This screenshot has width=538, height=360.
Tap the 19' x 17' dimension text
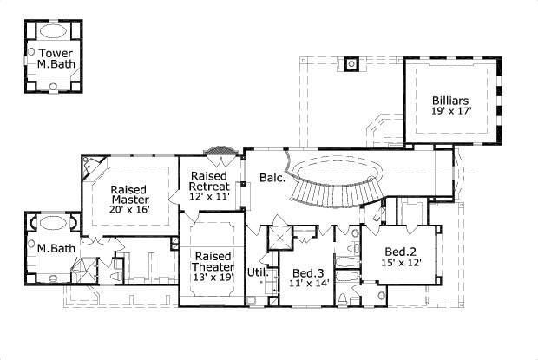click(449, 112)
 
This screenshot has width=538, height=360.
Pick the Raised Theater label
click(213, 262)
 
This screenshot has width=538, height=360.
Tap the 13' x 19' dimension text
click(213, 277)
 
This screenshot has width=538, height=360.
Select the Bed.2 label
click(402, 252)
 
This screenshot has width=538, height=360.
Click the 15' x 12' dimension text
click(402, 263)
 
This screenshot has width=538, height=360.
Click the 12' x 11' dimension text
click(209, 196)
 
